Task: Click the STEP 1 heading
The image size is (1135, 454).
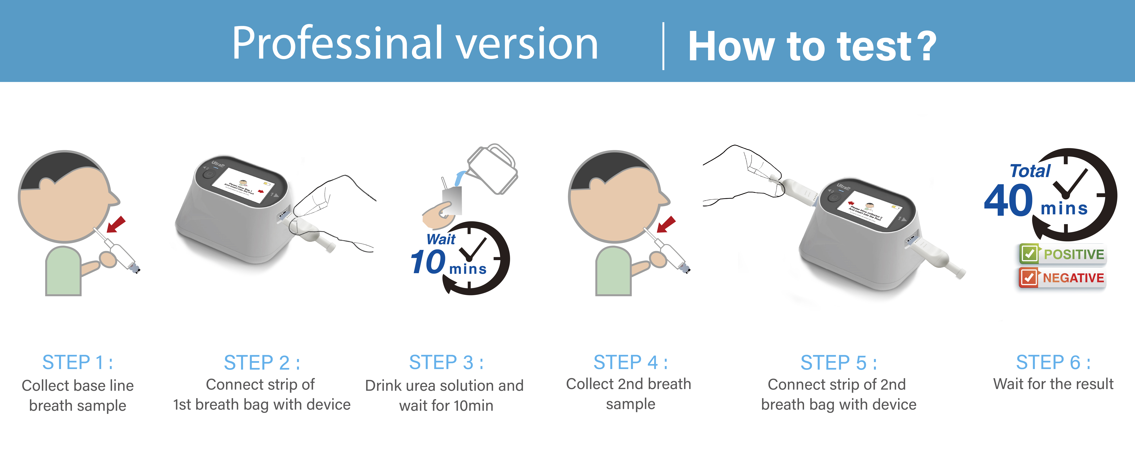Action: pyautogui.click(x=78, y=362)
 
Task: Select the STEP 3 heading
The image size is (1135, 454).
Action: pyautogui.click(x=446, y=362)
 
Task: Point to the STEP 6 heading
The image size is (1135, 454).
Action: pyautogui.click(x=1053, y=362)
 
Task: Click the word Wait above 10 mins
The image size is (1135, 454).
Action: pyautogui.click(x=441, y=239)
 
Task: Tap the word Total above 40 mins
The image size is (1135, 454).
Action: pyautogui.click(x=1030, y=171)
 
